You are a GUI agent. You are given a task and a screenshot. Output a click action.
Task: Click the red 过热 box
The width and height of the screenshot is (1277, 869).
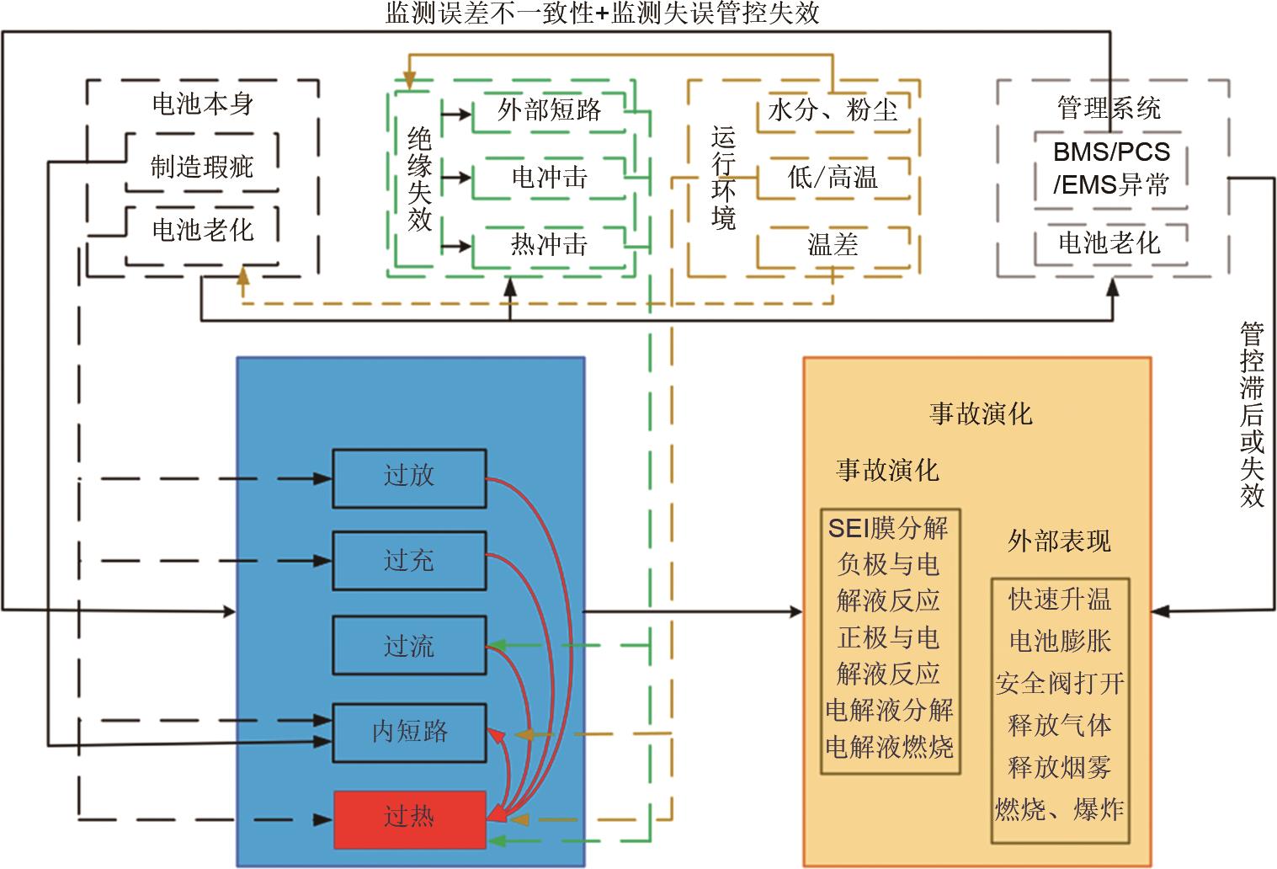pos(409,819)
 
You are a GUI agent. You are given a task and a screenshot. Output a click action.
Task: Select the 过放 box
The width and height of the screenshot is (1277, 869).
pos(409,478)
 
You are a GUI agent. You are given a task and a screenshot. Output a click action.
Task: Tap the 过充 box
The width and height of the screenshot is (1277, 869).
pos(409,561)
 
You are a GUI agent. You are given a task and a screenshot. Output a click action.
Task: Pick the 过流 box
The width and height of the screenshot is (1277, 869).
pos(409,645)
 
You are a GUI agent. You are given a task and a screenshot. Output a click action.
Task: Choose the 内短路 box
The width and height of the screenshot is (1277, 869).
pos(409,732)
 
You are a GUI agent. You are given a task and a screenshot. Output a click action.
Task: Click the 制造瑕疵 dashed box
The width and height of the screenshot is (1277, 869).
pos(202,163)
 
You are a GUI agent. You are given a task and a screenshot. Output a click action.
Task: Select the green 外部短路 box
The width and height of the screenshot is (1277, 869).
pos(548,110)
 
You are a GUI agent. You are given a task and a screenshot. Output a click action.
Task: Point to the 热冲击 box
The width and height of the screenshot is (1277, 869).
pos(548,247)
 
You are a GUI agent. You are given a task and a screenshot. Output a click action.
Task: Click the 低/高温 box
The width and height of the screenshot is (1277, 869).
pos(833,178)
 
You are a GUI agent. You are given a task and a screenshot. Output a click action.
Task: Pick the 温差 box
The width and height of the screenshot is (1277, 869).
pos(833,247)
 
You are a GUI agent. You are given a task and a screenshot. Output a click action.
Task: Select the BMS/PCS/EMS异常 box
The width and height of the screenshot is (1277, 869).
pos(1111,169)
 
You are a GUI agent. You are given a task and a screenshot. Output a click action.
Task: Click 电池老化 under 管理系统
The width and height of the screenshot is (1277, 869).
pos(1109,243)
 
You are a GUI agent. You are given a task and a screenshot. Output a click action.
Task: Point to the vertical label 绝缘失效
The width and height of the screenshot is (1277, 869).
pos(419,179)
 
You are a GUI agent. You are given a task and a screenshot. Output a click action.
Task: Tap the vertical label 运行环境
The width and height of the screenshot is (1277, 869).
pos(723,178)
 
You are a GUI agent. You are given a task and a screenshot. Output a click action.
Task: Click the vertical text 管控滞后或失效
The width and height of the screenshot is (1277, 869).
pos(1252,414)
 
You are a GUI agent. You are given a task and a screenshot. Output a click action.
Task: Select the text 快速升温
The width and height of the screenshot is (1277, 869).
pos(1060,600)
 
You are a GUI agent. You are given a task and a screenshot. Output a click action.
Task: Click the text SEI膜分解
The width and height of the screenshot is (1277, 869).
pos(887,528)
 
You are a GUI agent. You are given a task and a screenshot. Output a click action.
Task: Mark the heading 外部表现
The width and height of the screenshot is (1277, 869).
pos(1059,541)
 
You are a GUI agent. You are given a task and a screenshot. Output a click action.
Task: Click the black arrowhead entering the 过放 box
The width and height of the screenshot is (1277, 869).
pos(323,478)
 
